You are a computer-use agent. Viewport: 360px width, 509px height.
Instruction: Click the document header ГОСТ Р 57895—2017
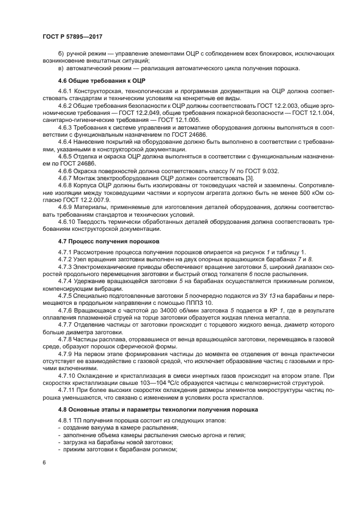72,36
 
